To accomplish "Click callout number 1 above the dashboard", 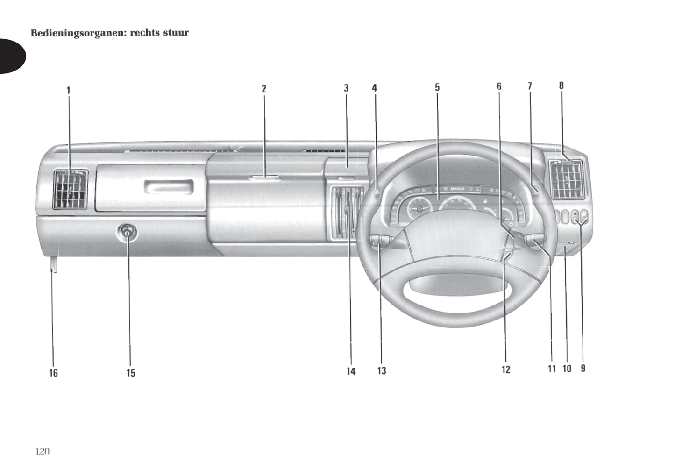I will (x=68, y=90).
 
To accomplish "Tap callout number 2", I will (x=264, y=89).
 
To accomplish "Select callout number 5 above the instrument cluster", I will (x=437, y=87).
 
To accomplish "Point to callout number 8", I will (x=561, y=85).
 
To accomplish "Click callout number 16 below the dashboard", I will (x=54, y=373).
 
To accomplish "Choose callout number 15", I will (x=131, y=373).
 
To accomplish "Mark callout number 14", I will (x=351, y=372).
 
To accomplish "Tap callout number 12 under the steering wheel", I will (x=506, y=370).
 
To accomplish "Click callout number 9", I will (x=583, y=368).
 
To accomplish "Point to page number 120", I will (x=42, y=451).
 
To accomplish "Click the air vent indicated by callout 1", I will (x=71, y=189).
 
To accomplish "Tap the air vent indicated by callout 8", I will (x=567, y=179).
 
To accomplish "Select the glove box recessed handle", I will (x=168, y=188).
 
